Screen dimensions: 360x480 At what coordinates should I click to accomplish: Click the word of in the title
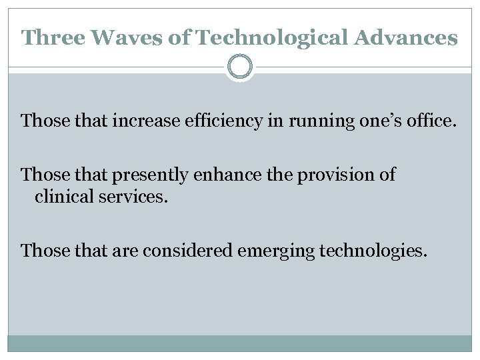178,37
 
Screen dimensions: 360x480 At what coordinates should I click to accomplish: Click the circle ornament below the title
239,67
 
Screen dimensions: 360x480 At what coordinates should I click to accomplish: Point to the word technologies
371,251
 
